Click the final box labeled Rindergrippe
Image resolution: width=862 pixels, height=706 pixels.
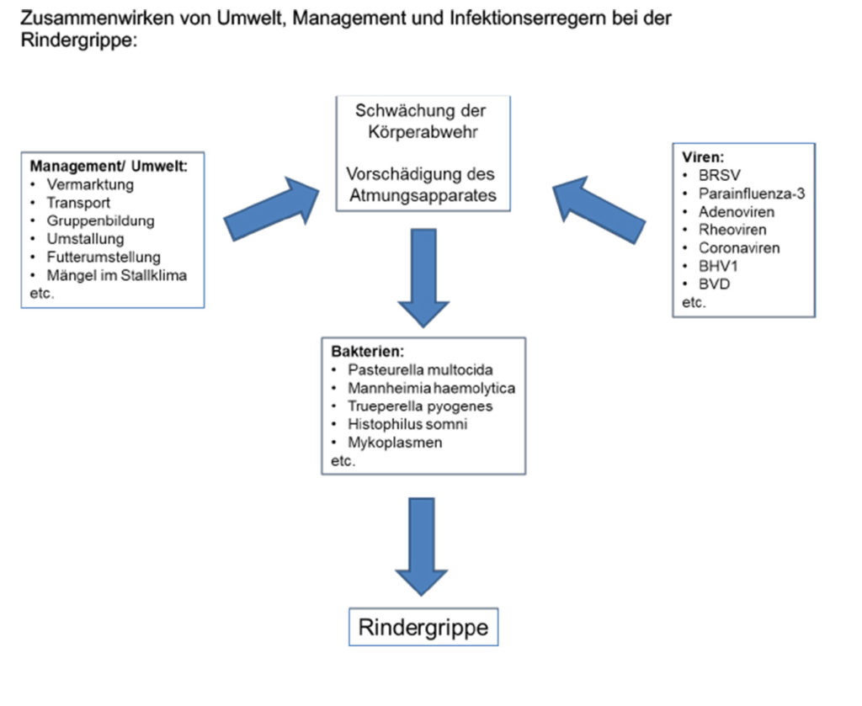pyautogui.click(x=423, y=627)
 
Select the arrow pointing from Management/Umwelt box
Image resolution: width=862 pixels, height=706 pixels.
pyautogui.click(x=272, y=209)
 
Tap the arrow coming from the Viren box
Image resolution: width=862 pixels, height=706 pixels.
pyautogui.click(x=599, y=210)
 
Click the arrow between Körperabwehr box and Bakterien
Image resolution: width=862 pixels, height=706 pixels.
pyautogui.click(x=423, y=278)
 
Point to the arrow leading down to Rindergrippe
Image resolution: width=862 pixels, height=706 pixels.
pyautogui.click(x=422, y=547)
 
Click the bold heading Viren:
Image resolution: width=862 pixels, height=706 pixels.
pyautogui.click(x=703, y=157)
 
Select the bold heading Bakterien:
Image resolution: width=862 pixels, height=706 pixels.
pyautogui.click(x=367, y=352)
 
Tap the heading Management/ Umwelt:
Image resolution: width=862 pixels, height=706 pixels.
pyautogui.click(x=109, y=166)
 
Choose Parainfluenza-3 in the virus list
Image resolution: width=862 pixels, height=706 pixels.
pyautogui.click(x=752, y=194)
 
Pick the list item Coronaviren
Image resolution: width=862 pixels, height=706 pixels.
pyautogui.click(x=739, y=247)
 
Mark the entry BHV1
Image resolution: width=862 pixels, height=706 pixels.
pyautogui.click(x=718, y=266)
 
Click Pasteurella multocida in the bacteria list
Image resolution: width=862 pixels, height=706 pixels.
pyautogui.click(x=420, y=369)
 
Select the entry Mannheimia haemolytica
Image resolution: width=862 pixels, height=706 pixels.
pyautogui.click(x=432, y=388)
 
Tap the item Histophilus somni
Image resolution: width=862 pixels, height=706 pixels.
pyautogui.click(x=407, y=424)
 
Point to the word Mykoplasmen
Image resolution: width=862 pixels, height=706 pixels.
pyautogui.click(x=395, y=443)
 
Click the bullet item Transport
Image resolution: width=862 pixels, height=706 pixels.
pyautogui.click(x=78, y=203)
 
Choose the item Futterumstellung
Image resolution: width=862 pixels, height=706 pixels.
pyautogui.click(x=104, y=257)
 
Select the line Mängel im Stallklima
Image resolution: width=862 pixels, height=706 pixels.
pyautogui.click(x=116, y=275)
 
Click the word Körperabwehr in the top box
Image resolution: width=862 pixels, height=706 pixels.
pyautogui.click(x=423, y=132)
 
